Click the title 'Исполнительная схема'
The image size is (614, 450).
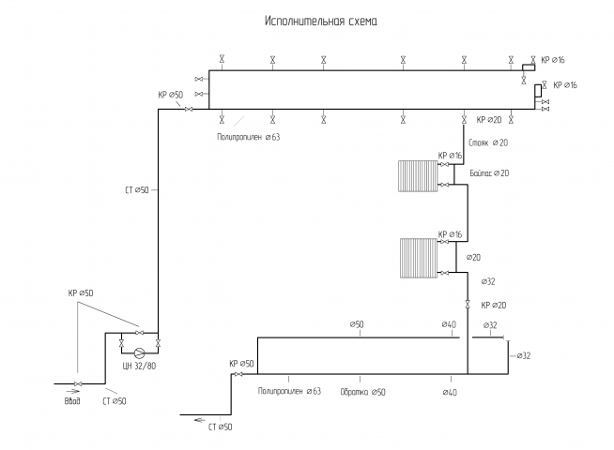click(321, 21)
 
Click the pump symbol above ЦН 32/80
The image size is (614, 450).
click(139, 353)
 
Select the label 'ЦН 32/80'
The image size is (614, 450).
click(139, 367)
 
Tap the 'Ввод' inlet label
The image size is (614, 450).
click(72, 401)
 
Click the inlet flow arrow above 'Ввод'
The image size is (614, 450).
click(73, 391)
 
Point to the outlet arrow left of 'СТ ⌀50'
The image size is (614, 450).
click(200, 420)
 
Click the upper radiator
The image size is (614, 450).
click(418, 176)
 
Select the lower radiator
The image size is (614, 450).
click(419, 258)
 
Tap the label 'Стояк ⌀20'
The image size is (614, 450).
click(488, 142)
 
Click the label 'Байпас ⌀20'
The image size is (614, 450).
click(489, 173)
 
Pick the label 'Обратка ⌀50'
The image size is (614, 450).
click(362, 392)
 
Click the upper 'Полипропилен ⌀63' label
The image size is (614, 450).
click(249, 137)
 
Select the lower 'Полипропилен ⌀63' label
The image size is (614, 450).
click(289, 391)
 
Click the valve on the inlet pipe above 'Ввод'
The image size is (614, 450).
click(78, 383)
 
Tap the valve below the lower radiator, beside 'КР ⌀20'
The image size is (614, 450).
click(468, 304)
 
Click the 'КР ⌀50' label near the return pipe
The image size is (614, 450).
click(241, 364)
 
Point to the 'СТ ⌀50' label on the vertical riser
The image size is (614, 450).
click(137, 190)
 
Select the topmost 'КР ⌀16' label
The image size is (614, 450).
click(553, 60)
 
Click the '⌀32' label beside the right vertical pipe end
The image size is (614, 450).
click(524, 355)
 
